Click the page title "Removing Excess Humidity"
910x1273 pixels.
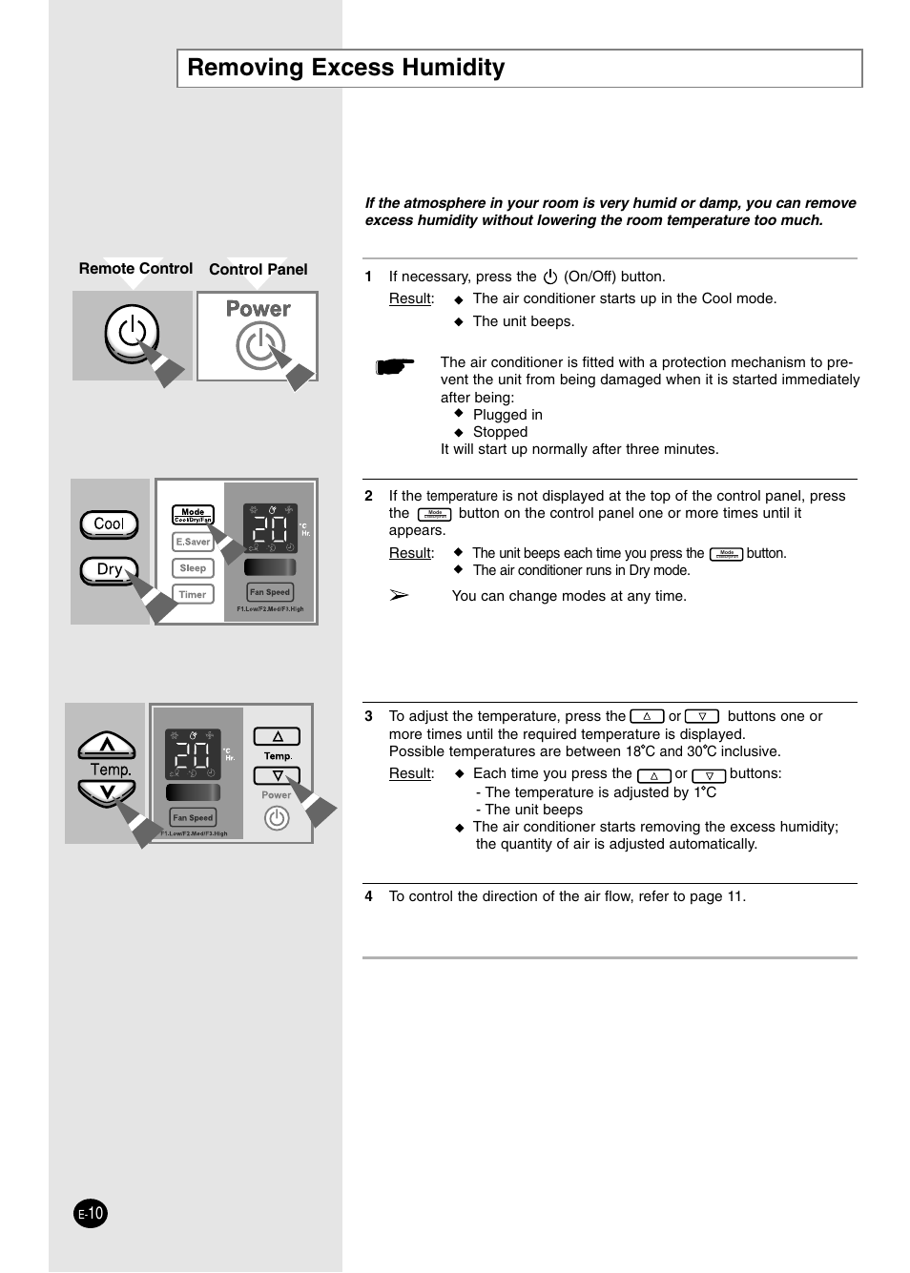click(x=346, y=68)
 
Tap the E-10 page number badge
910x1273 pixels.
click(x=91, y=1214)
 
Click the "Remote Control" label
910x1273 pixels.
click(x=135, y=269)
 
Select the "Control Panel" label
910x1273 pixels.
click(x=259, y=270)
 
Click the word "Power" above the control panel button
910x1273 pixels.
click(x=259, y=309)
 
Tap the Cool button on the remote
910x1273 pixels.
click(x=109, y=524)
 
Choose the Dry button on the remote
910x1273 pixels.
click(x=109, y=569)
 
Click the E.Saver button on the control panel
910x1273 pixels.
click(x=193, y=542)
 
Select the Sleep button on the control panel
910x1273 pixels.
click(x=193, y=568)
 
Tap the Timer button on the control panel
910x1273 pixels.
click(x=193, y=594)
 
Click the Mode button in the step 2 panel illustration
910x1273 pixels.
click(x=193, y=515)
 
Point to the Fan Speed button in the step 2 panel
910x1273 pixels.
click(x=270, y=592)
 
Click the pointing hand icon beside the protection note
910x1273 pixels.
click(x=395, y=366)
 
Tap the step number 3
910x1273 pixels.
click(x=368, y=717)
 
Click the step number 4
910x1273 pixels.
click(x=368, y=896)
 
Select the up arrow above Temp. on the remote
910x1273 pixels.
click(x=106, y=746)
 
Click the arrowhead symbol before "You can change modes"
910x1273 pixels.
click(x=399, y=596)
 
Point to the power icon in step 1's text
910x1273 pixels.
click(x=549, y=277)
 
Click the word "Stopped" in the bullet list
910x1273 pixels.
click(x=500, y=432)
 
